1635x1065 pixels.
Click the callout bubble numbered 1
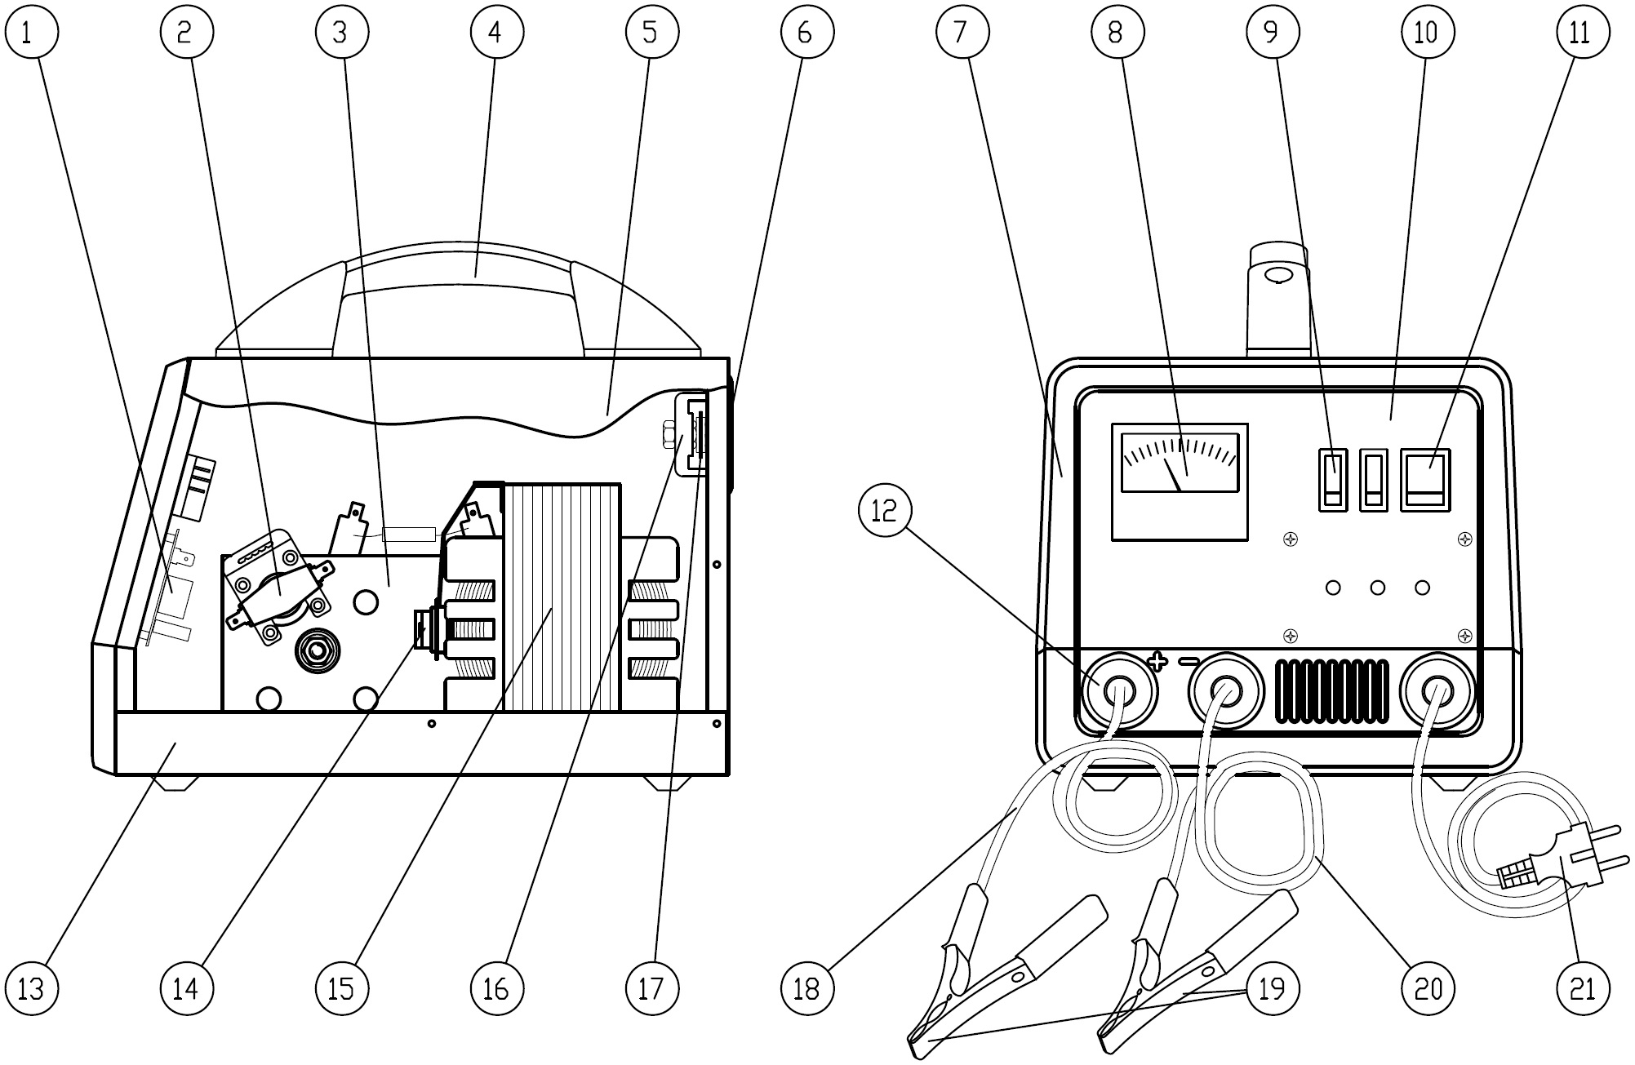tap(31, 32)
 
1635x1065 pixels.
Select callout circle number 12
tap(885, 510)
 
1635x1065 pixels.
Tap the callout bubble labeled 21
tap(1582, 989)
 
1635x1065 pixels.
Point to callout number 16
tap(496, 989)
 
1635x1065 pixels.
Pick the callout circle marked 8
tap(1116, 32)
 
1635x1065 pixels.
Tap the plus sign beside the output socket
tap(1157, 661)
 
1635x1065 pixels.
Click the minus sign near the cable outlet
tap(1188, 661)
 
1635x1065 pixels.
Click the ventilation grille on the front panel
tap(1331, 690)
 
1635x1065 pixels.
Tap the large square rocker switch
tap(1426, 480)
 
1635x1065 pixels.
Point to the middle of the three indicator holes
tap(1378, 588)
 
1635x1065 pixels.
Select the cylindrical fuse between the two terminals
tap(410, 535)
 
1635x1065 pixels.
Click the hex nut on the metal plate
tap(316, 650)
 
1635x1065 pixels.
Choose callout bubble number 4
tap(496, 32)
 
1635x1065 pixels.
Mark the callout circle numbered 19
tap(1272, 989)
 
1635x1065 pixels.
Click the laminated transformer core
tap(562, 596)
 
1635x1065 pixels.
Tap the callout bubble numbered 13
tap(31, 989)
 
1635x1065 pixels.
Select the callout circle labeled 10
tap(1426, 32)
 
